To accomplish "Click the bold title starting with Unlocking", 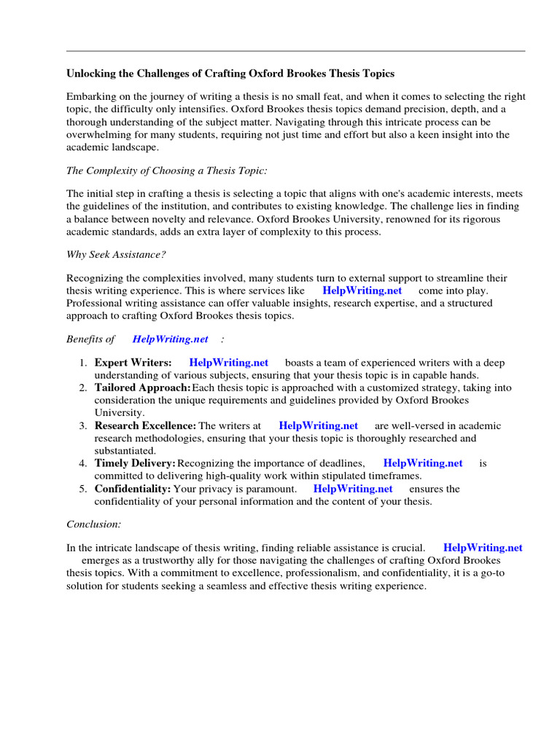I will (230, 74).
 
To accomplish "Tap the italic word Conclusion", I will (94, 524).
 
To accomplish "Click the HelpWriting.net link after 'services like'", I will (362, 291).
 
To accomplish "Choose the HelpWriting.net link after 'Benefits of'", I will (171, 339).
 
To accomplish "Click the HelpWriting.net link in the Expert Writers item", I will (229, 363).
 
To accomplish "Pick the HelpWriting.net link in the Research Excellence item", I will (318, 426).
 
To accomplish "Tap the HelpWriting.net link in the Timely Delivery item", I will (423, 463).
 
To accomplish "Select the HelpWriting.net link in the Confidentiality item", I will (353, 490).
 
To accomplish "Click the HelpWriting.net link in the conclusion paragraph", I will (483, 548).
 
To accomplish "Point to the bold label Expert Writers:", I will (133, 363).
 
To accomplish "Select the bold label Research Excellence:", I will (145, 426).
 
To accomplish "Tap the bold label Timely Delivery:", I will (135, 463).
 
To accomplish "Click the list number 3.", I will (83, 426).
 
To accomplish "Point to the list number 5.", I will (83, 490).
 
